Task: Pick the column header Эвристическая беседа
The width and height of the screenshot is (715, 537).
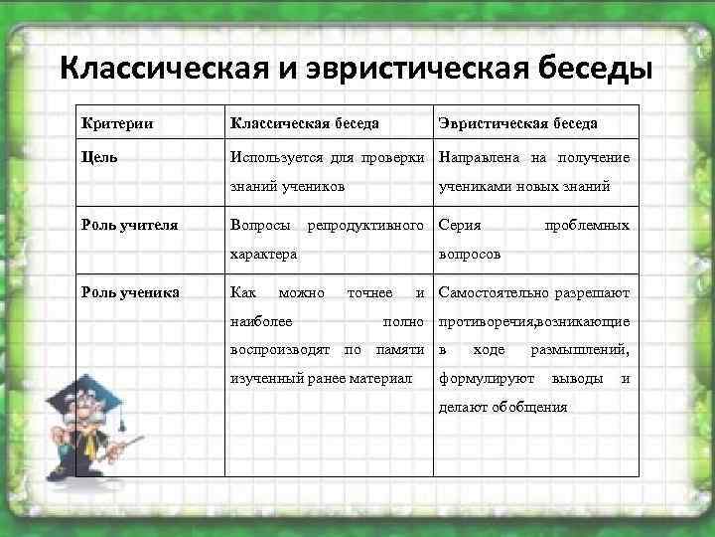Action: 517,123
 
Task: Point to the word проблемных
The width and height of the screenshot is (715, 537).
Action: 587,225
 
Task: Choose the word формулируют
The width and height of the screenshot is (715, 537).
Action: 489,378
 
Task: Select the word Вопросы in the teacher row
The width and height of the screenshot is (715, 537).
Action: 260,225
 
